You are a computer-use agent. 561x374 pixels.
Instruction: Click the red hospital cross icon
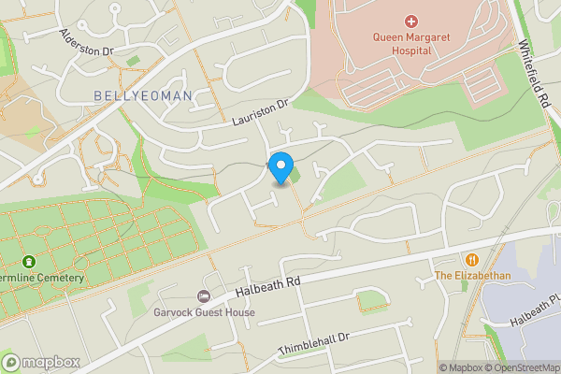pos(410,21)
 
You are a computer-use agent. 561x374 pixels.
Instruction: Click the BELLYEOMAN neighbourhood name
pos(143,95)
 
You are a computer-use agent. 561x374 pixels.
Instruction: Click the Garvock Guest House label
pos(204,313)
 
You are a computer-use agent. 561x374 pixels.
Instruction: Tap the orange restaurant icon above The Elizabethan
pos(472,259)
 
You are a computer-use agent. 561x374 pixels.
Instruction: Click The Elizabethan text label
pos(472,276)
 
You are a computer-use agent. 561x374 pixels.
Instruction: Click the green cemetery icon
pos(28,262)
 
